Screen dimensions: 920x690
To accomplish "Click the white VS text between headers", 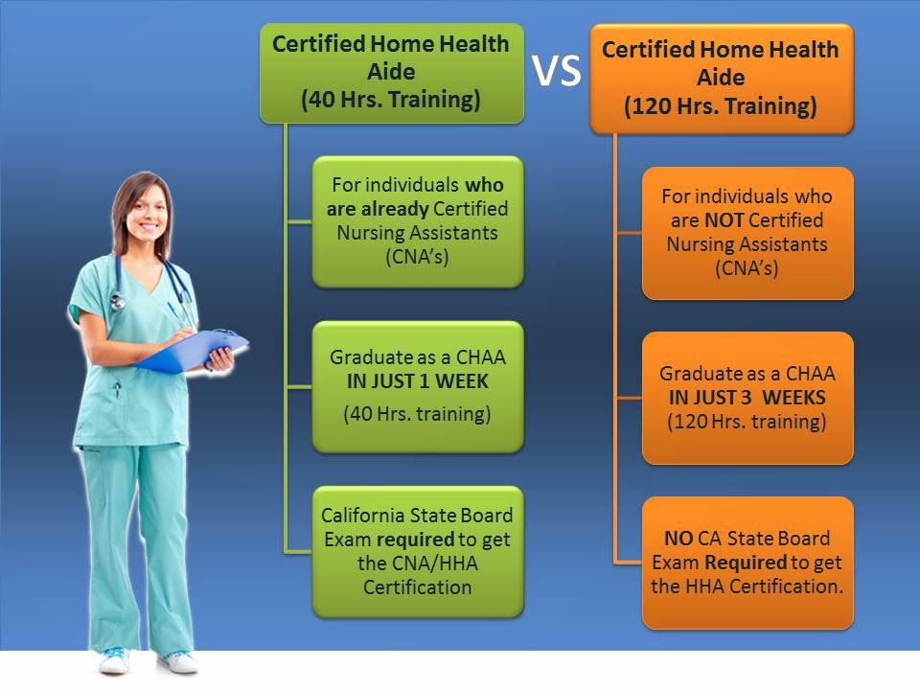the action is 556,70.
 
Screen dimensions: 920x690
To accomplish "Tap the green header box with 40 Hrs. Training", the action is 391,74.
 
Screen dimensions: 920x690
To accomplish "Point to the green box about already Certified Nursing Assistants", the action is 417,221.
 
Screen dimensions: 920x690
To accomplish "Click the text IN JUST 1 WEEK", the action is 417,381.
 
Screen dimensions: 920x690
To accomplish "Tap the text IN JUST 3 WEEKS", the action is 747,397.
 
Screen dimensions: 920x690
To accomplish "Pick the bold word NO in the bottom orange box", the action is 678,538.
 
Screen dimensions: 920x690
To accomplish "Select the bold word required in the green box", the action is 415,540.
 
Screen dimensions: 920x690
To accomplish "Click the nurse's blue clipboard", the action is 192,351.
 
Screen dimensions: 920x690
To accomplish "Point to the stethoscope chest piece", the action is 118,302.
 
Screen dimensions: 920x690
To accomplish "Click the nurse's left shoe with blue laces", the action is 114,660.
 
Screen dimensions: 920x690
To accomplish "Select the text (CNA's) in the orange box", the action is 747,268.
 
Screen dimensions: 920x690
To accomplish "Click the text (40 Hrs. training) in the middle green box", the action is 417,414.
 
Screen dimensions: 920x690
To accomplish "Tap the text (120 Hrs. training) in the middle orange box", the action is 747,422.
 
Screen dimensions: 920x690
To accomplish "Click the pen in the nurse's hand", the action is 179,317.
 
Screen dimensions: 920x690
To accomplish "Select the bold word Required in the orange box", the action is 746,563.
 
